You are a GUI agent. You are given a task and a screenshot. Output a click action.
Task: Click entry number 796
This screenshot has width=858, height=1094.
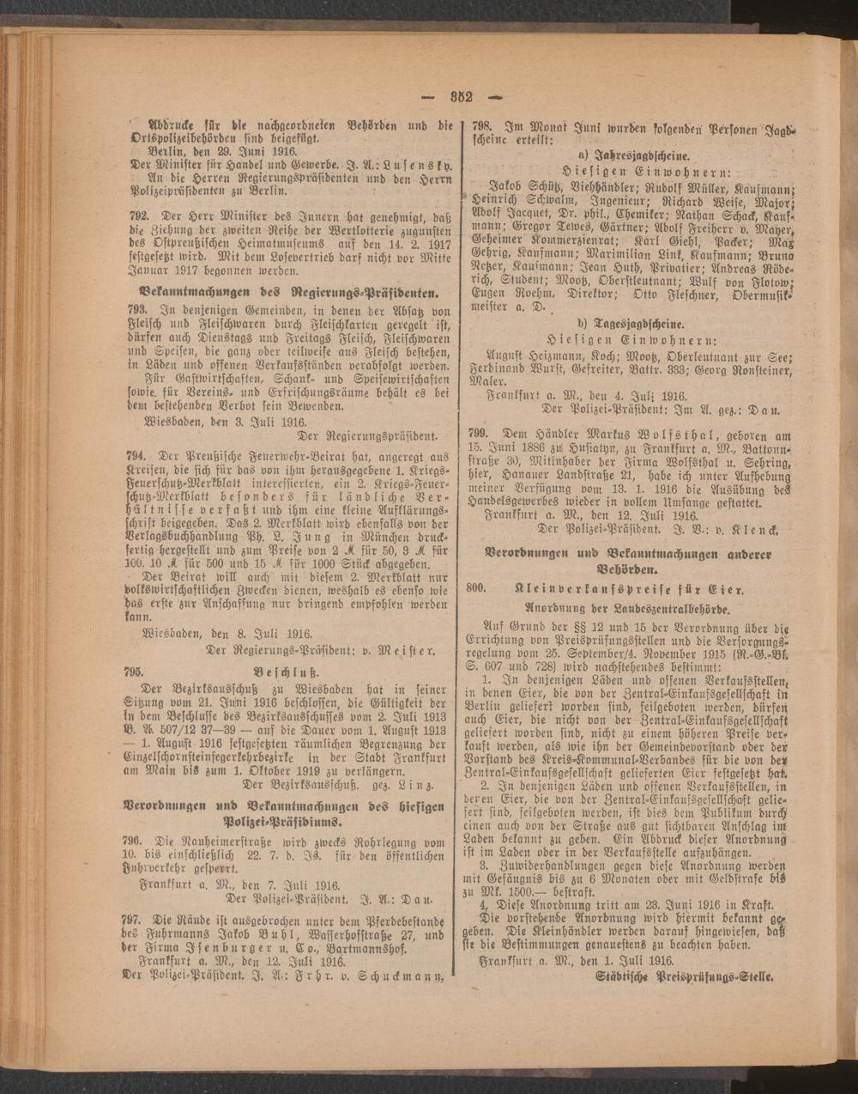tap(134, 838)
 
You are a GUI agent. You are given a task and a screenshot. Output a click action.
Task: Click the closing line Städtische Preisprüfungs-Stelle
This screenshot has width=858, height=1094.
tap(684, 977)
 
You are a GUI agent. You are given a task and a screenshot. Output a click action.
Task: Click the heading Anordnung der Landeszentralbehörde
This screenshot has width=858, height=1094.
tap(627, 609)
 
